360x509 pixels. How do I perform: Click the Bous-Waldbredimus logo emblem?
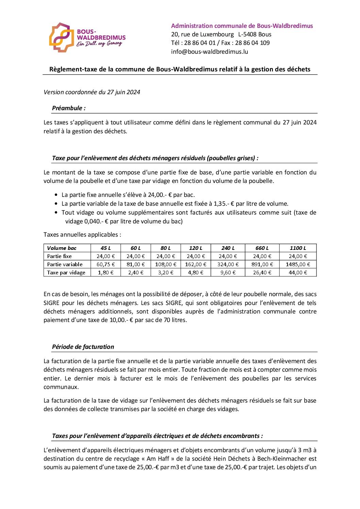pos(61,37)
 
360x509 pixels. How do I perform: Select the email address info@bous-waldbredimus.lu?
pos(209,52)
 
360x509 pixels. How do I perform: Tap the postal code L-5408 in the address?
pos(247,34)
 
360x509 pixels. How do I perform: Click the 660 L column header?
pos(262,248)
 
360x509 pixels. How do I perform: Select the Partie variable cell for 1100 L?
pos(298,265)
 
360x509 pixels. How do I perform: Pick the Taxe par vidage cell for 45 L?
pos(105,273)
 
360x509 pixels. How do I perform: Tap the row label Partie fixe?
pos(60,256)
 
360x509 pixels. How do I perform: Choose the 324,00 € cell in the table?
pos(228,265)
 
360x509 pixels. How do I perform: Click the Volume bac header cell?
pos(62,248)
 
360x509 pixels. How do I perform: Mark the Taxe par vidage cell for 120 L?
pos(196,273)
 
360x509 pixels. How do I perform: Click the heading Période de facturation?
pos(83,347)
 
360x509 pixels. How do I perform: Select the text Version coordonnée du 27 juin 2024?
pos(92,92)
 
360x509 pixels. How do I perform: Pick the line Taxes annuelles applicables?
pos(82,235)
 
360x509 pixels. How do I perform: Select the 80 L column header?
pos(166,248)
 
